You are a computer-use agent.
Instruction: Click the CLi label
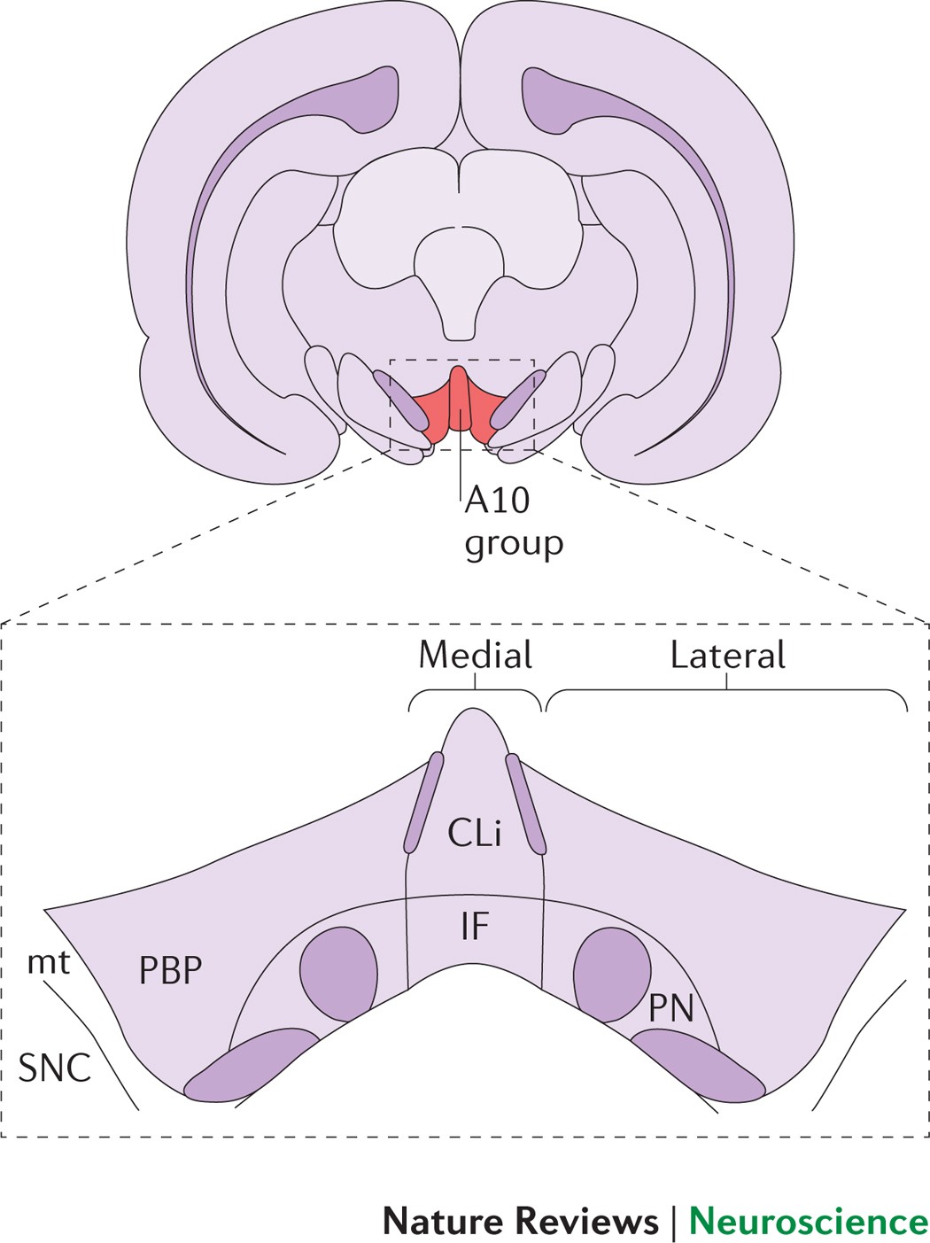tap(475, 833)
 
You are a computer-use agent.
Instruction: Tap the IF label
tap(475, 926)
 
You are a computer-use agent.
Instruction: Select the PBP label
tap(171, 971)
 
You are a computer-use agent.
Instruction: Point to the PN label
tap(670, 1008)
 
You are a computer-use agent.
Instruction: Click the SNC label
tap(55, 1068)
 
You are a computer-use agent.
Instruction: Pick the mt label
tap(49, 962)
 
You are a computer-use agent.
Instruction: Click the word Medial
tap(475, 655)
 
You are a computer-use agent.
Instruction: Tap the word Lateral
tap(727, 655)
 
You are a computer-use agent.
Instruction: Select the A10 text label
tap(497, 501)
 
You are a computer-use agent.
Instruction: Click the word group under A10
tap(514, 543)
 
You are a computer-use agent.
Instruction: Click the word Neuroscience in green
tap(808, 1221)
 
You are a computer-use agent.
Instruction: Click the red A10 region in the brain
tap(458, 403)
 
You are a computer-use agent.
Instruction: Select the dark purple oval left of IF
tap(338, 972)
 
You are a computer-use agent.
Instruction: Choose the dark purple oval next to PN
tap(611, 973)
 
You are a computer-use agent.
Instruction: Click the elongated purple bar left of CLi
tap(423, 802)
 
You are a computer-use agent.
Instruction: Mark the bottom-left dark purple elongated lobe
tap(250, 1065)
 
